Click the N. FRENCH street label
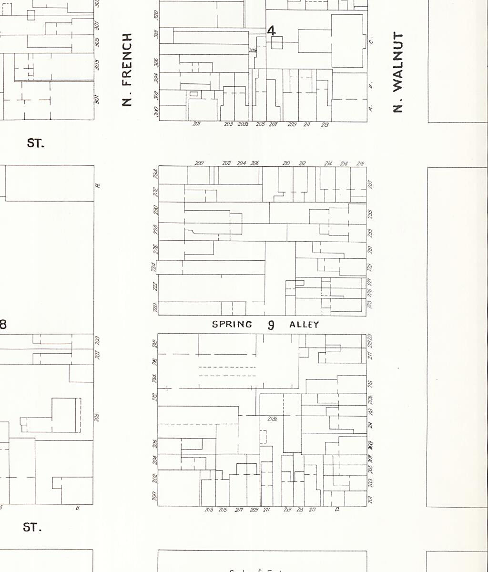pos(126,70)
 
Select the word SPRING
pos(232,325)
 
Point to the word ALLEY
pos(304,325)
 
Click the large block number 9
pos(271,325)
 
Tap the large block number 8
pos(3,325)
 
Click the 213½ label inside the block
pos(273,419)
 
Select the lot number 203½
pos(243,124)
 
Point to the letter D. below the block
pos(337,510)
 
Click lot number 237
pos(370,184)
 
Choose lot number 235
pos(370,214)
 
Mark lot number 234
pos(155,174)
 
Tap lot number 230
pos(155,210)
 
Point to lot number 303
pos(97,64)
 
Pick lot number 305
pos(97,42)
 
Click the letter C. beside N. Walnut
pos(371,41)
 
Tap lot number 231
pos(370,249)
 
